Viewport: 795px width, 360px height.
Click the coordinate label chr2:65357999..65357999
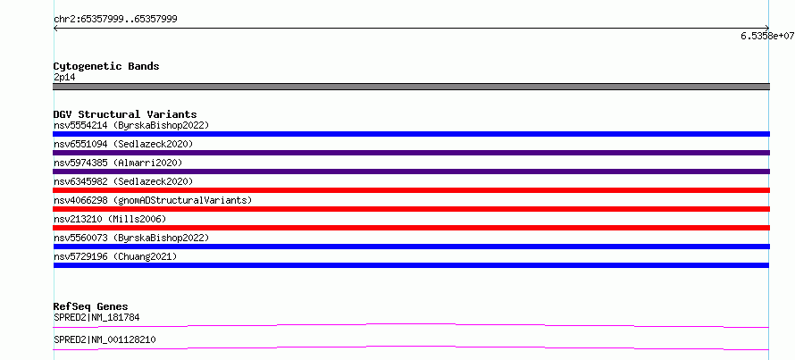115,20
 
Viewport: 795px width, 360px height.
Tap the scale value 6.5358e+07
767,36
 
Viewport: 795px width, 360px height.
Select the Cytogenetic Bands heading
106,66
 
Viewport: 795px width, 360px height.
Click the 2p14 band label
64,78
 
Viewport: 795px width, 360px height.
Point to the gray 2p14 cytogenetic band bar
411,87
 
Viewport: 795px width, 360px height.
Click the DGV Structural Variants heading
125,114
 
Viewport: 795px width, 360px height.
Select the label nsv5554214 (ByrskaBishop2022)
130,125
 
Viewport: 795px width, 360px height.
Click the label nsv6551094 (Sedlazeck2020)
123,144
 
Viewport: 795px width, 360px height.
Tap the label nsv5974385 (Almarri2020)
118,163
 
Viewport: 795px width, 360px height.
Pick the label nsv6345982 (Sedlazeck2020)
123,181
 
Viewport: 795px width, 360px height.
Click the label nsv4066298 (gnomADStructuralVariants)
153,200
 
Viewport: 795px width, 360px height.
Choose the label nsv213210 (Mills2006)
110,219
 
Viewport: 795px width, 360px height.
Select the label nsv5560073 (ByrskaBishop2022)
130,238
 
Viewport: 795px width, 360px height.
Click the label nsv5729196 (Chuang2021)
115,256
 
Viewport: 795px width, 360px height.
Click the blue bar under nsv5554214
411,134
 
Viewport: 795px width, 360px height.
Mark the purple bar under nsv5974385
411,172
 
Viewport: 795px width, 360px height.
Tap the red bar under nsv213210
411,228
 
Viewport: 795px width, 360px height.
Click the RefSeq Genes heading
91,306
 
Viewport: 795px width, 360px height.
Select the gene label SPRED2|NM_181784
96,317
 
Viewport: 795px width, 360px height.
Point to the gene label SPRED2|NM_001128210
105,339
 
